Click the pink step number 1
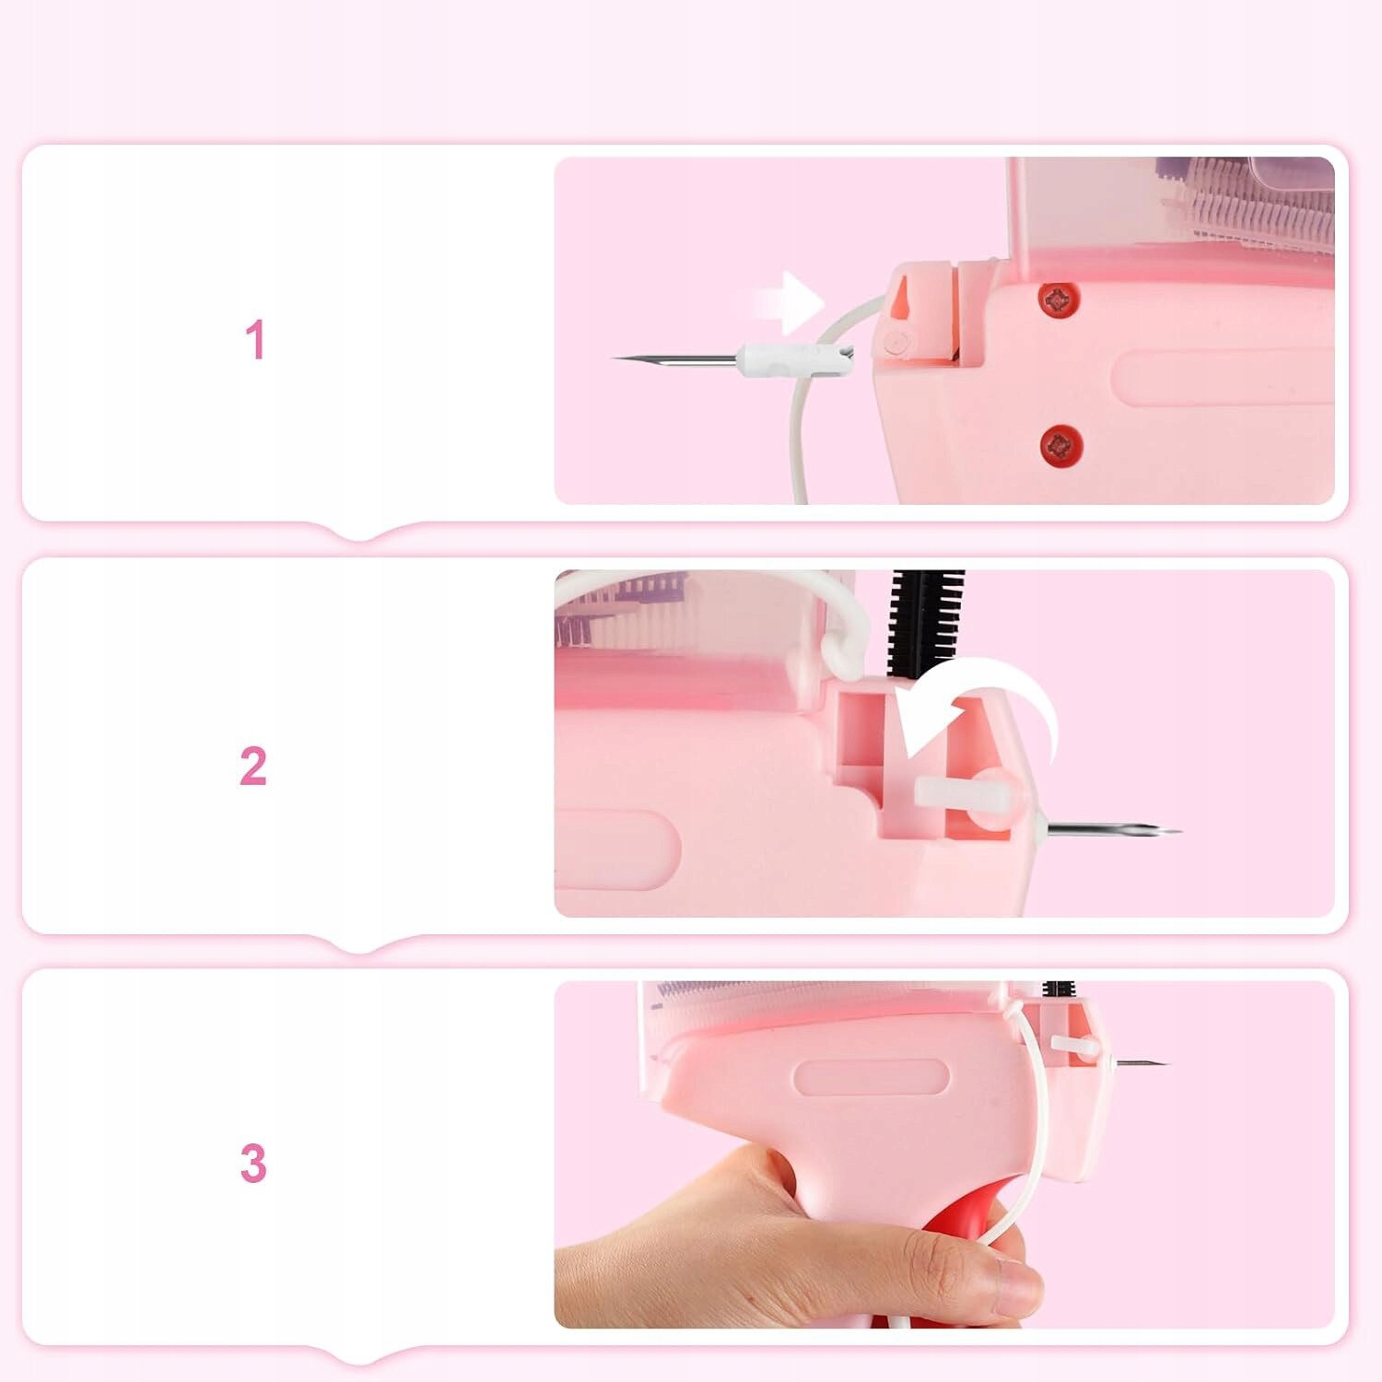point(255,340)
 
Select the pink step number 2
point(253,767)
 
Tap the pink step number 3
point(253,1164)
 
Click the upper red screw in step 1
point(1060,298)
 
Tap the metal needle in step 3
point(1142,1063)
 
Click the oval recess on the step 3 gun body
point(872,1077)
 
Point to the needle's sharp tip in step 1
point(614,357)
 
